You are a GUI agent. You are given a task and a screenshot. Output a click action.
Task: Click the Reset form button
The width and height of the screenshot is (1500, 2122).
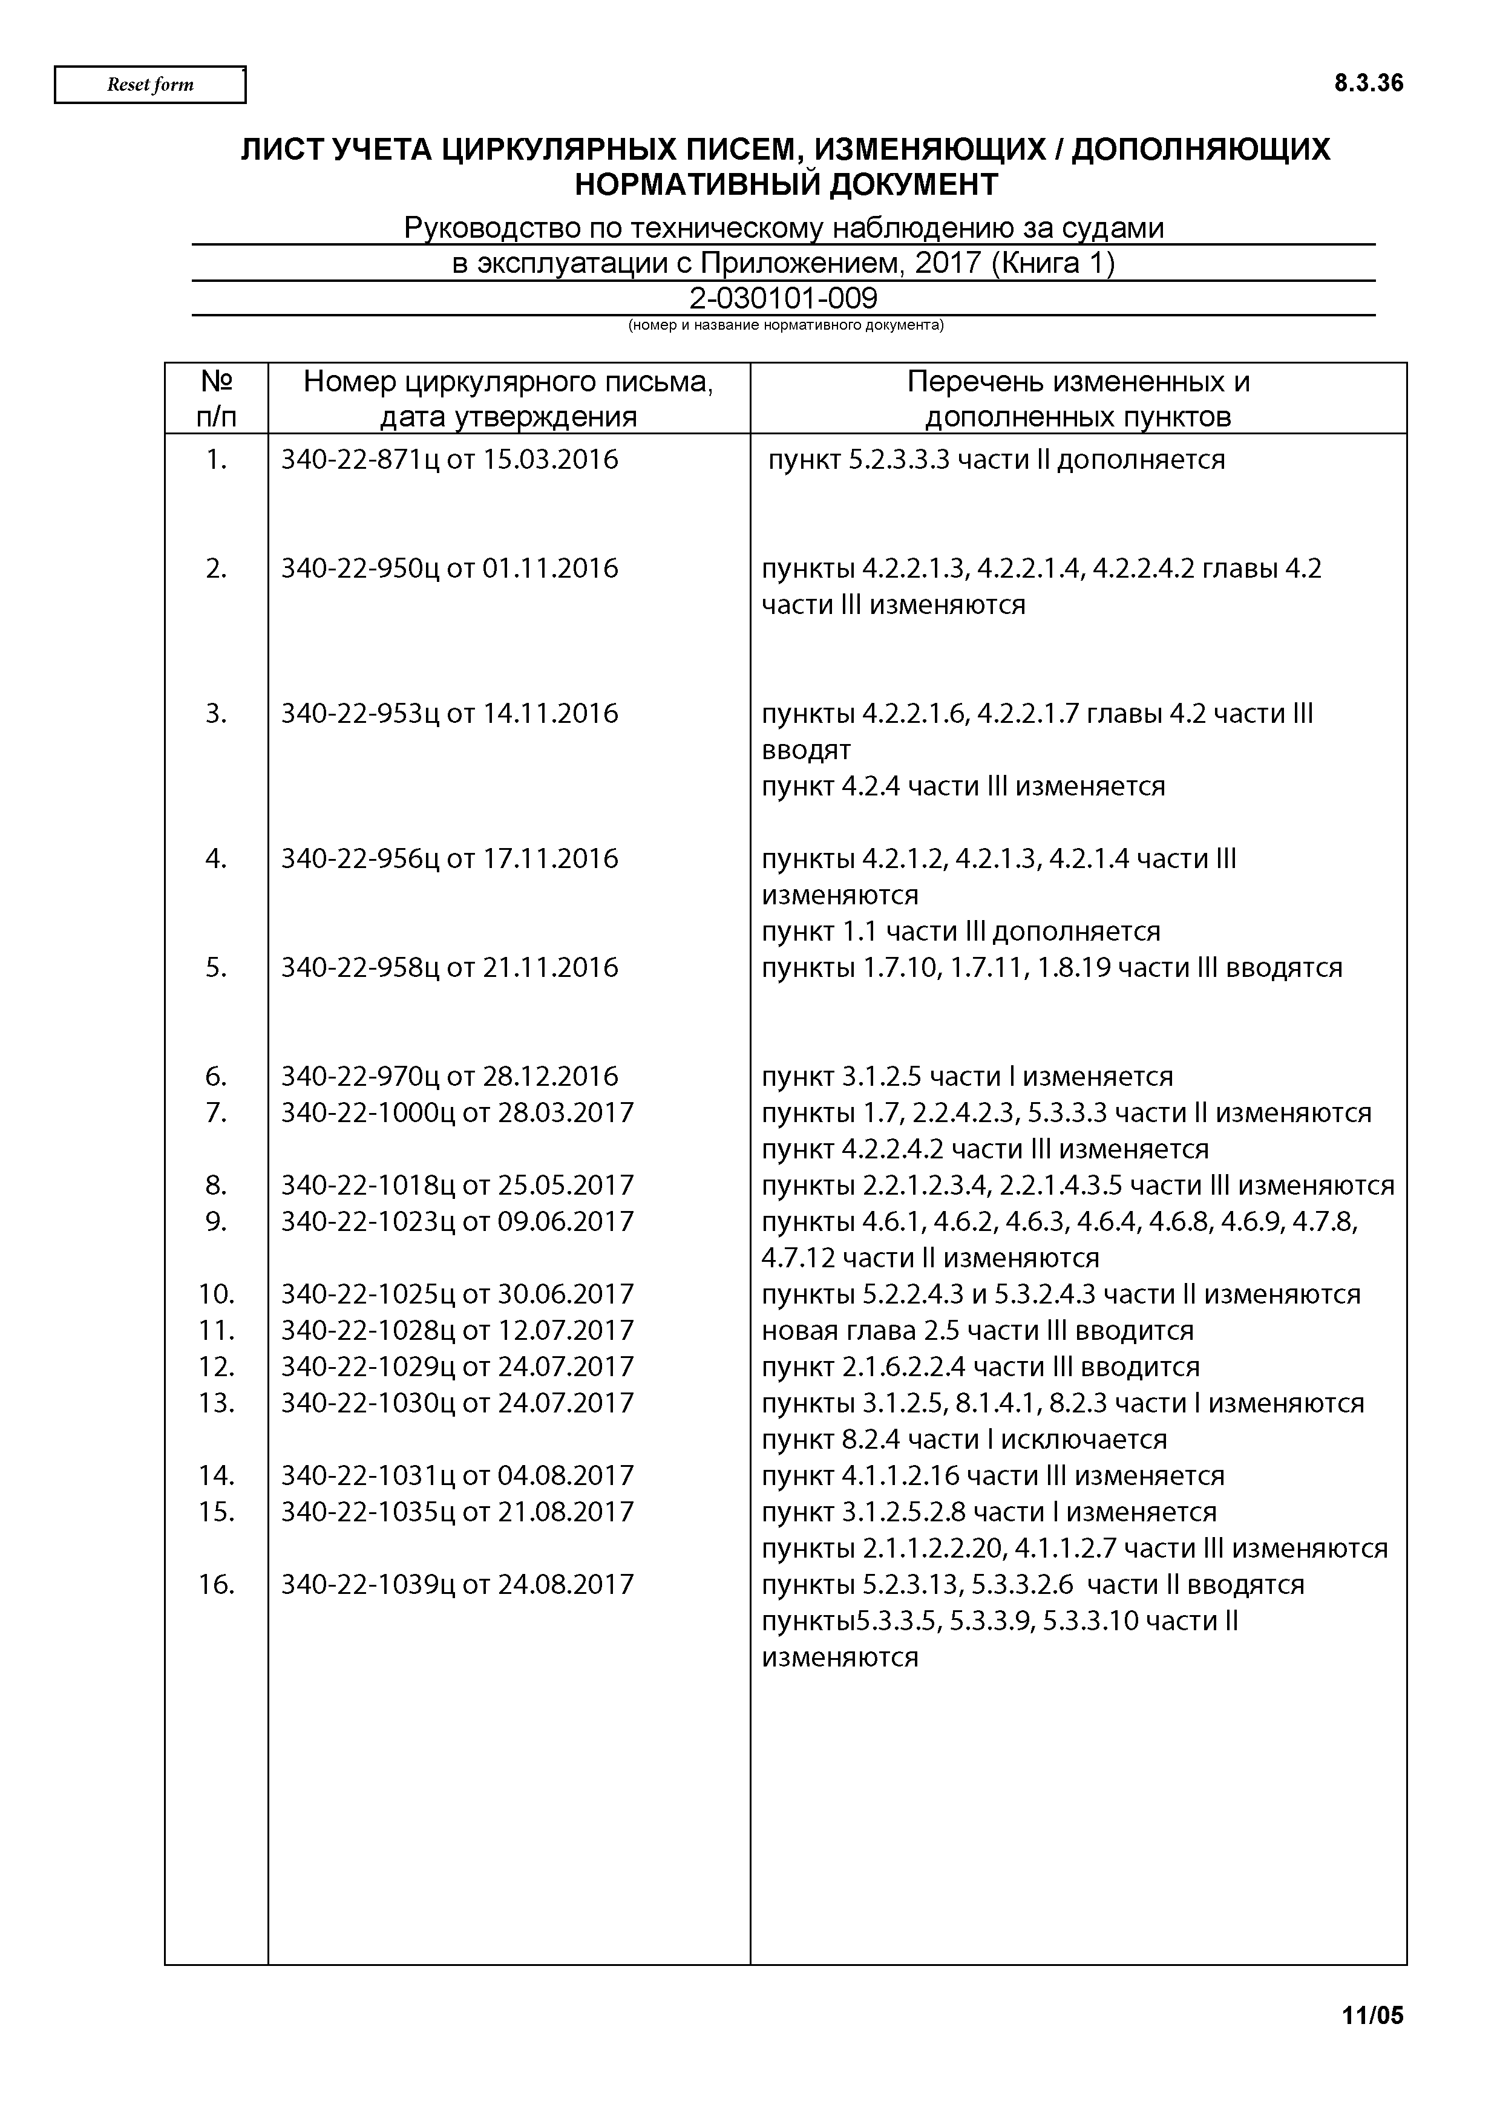click(149, 85)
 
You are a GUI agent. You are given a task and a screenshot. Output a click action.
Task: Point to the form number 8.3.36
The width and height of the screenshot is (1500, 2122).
click(1368, 84)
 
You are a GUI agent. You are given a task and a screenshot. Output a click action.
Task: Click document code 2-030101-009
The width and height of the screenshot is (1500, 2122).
click(783, 299)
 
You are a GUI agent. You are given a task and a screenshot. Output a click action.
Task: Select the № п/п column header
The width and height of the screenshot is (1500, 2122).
click(216, 399)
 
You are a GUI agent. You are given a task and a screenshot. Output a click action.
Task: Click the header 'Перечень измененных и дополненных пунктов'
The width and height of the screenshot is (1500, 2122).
click(1078, 399)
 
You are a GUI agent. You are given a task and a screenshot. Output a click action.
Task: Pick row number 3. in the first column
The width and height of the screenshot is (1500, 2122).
click(216, 714)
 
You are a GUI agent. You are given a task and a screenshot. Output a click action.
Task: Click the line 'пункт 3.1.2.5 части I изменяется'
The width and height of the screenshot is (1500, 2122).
click(967, 1077)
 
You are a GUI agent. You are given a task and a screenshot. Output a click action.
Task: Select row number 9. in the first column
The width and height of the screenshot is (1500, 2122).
click(216, 1222)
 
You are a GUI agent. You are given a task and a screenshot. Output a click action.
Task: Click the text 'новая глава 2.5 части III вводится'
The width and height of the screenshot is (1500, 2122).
click(977, 1331)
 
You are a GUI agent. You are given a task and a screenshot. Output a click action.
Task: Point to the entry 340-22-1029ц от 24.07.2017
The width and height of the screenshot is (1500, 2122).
click(457, 1367)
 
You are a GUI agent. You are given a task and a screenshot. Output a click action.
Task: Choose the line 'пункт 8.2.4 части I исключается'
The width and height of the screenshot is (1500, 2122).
click(964, 1439)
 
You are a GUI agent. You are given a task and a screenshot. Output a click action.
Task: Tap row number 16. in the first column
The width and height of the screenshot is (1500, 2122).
click(216, 1584)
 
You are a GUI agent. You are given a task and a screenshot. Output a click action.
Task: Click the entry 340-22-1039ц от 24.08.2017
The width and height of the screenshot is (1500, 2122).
click(457, 1584)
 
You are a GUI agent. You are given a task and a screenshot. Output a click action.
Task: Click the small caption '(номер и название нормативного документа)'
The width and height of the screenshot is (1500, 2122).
click(785, 325)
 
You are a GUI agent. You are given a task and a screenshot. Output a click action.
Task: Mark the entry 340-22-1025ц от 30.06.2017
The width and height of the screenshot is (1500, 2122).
click(457, 1294)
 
